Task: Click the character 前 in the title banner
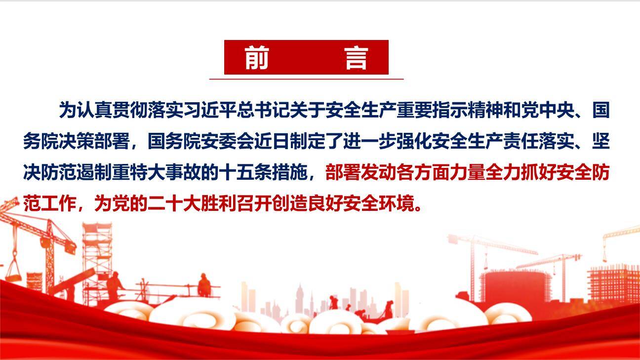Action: [x=256, y=58]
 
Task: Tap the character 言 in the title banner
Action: [x=356, y=58]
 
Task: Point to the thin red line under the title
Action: [x=306, y=79]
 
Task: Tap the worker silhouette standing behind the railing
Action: [x=203, y=285]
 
